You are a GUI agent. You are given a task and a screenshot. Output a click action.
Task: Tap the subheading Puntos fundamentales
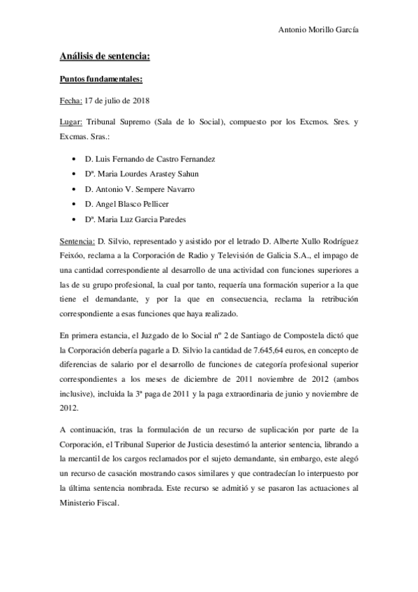pyautogui.click(x=100, y=80)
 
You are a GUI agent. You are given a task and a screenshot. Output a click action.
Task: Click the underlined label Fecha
pyautogui.click(x=71, y=101)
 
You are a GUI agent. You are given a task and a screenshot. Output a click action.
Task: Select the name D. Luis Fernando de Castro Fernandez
pyautogui.click(x=149, y=159)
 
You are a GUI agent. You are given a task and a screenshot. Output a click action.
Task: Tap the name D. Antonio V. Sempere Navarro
pyautogui.click(x=139, y=189)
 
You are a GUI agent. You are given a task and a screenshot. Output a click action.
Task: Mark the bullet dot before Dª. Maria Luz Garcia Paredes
pyautogui.click(x=74, y=220)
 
